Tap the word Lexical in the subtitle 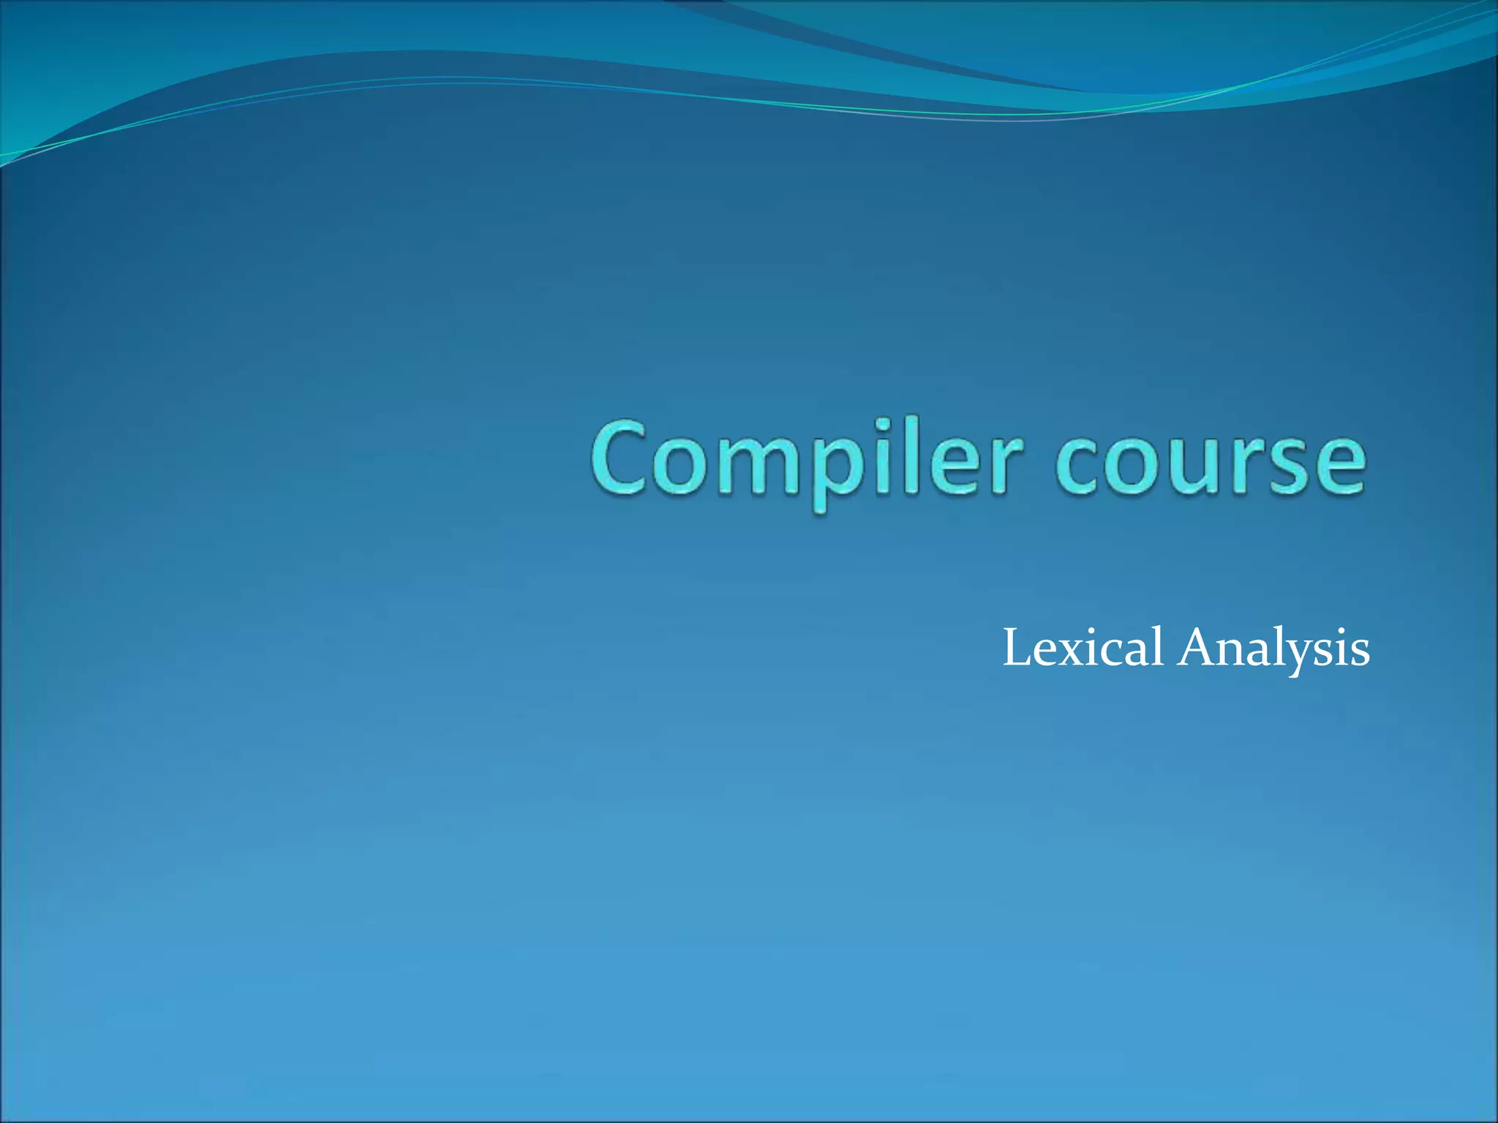point(1083,648)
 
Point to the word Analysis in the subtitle point(1273,648)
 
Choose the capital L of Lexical point(1017,648)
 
